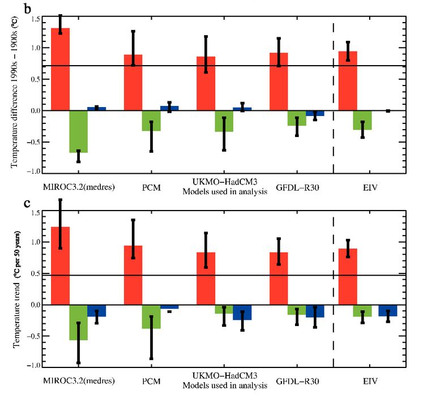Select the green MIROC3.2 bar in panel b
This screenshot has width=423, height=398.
pyautogui.click(x=79, y=131)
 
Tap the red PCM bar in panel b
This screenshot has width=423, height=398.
pyautogui.click(x=133, y=83)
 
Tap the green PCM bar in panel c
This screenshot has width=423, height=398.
pyautogui.click(x=151, y=316)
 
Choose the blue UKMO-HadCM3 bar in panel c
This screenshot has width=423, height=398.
pyautogui.click(x=242, y=312)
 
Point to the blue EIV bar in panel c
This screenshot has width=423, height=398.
pyautogui.click(x=387, y=310)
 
